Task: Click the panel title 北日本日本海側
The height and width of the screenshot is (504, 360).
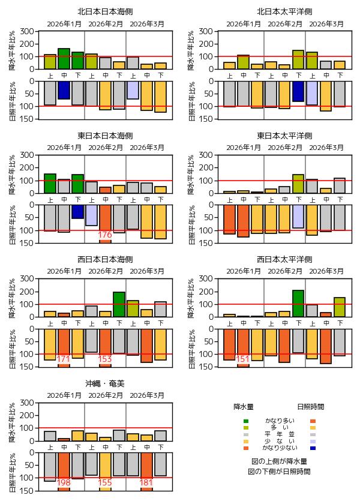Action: coord(105,11)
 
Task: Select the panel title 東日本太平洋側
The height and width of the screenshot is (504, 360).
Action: coord(284,135)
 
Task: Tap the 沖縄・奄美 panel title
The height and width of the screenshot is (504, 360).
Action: coord(105,383)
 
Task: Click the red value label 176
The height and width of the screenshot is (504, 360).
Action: coord(105,235)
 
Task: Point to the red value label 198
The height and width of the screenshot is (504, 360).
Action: coord(64,482)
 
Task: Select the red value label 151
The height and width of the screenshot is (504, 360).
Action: coord(243,359)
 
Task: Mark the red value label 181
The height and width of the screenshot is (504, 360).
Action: coord(146,482)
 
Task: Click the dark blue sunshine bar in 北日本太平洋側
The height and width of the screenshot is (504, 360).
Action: coord(298,91)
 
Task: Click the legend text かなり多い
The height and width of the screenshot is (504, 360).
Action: coord(280,421)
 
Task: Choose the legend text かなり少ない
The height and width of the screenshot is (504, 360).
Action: coord(280,448)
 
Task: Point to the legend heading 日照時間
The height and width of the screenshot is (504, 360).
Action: coord(311,406)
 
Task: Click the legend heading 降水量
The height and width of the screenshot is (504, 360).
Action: coord(245,406)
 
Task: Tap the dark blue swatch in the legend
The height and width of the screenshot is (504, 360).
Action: coord(313,448)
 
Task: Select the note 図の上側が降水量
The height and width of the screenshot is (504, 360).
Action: coord(280,461)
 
